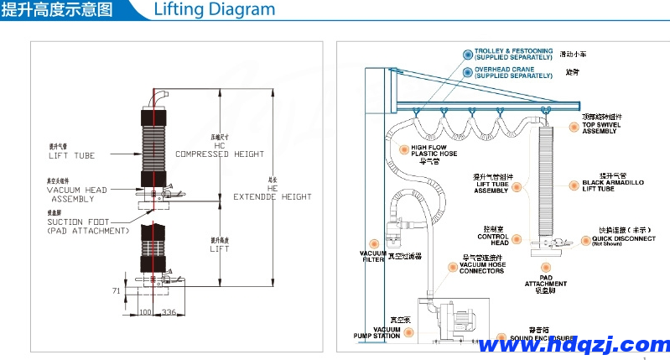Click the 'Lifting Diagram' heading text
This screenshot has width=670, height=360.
click(215, 10)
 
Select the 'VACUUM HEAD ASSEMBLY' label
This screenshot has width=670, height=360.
click(76, 195)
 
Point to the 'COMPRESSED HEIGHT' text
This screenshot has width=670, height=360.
click(220, 154)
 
